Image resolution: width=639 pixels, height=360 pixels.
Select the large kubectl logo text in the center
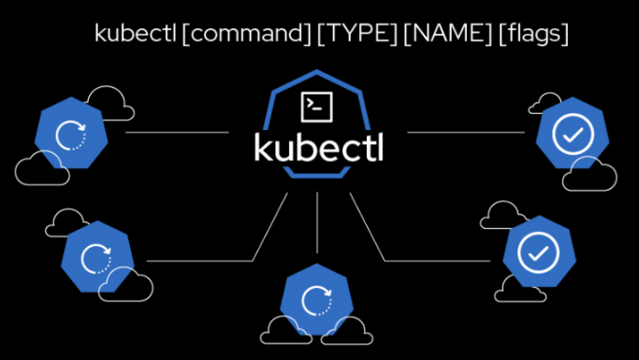(x=319, y=148)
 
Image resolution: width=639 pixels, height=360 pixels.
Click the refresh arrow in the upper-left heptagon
(x=69, y=137)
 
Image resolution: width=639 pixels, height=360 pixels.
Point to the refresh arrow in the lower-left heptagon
(x=95, y=256)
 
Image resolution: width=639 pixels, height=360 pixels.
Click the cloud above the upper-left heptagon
(x=106, y=98)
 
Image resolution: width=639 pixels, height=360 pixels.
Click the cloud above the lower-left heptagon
(x=65, y=222)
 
